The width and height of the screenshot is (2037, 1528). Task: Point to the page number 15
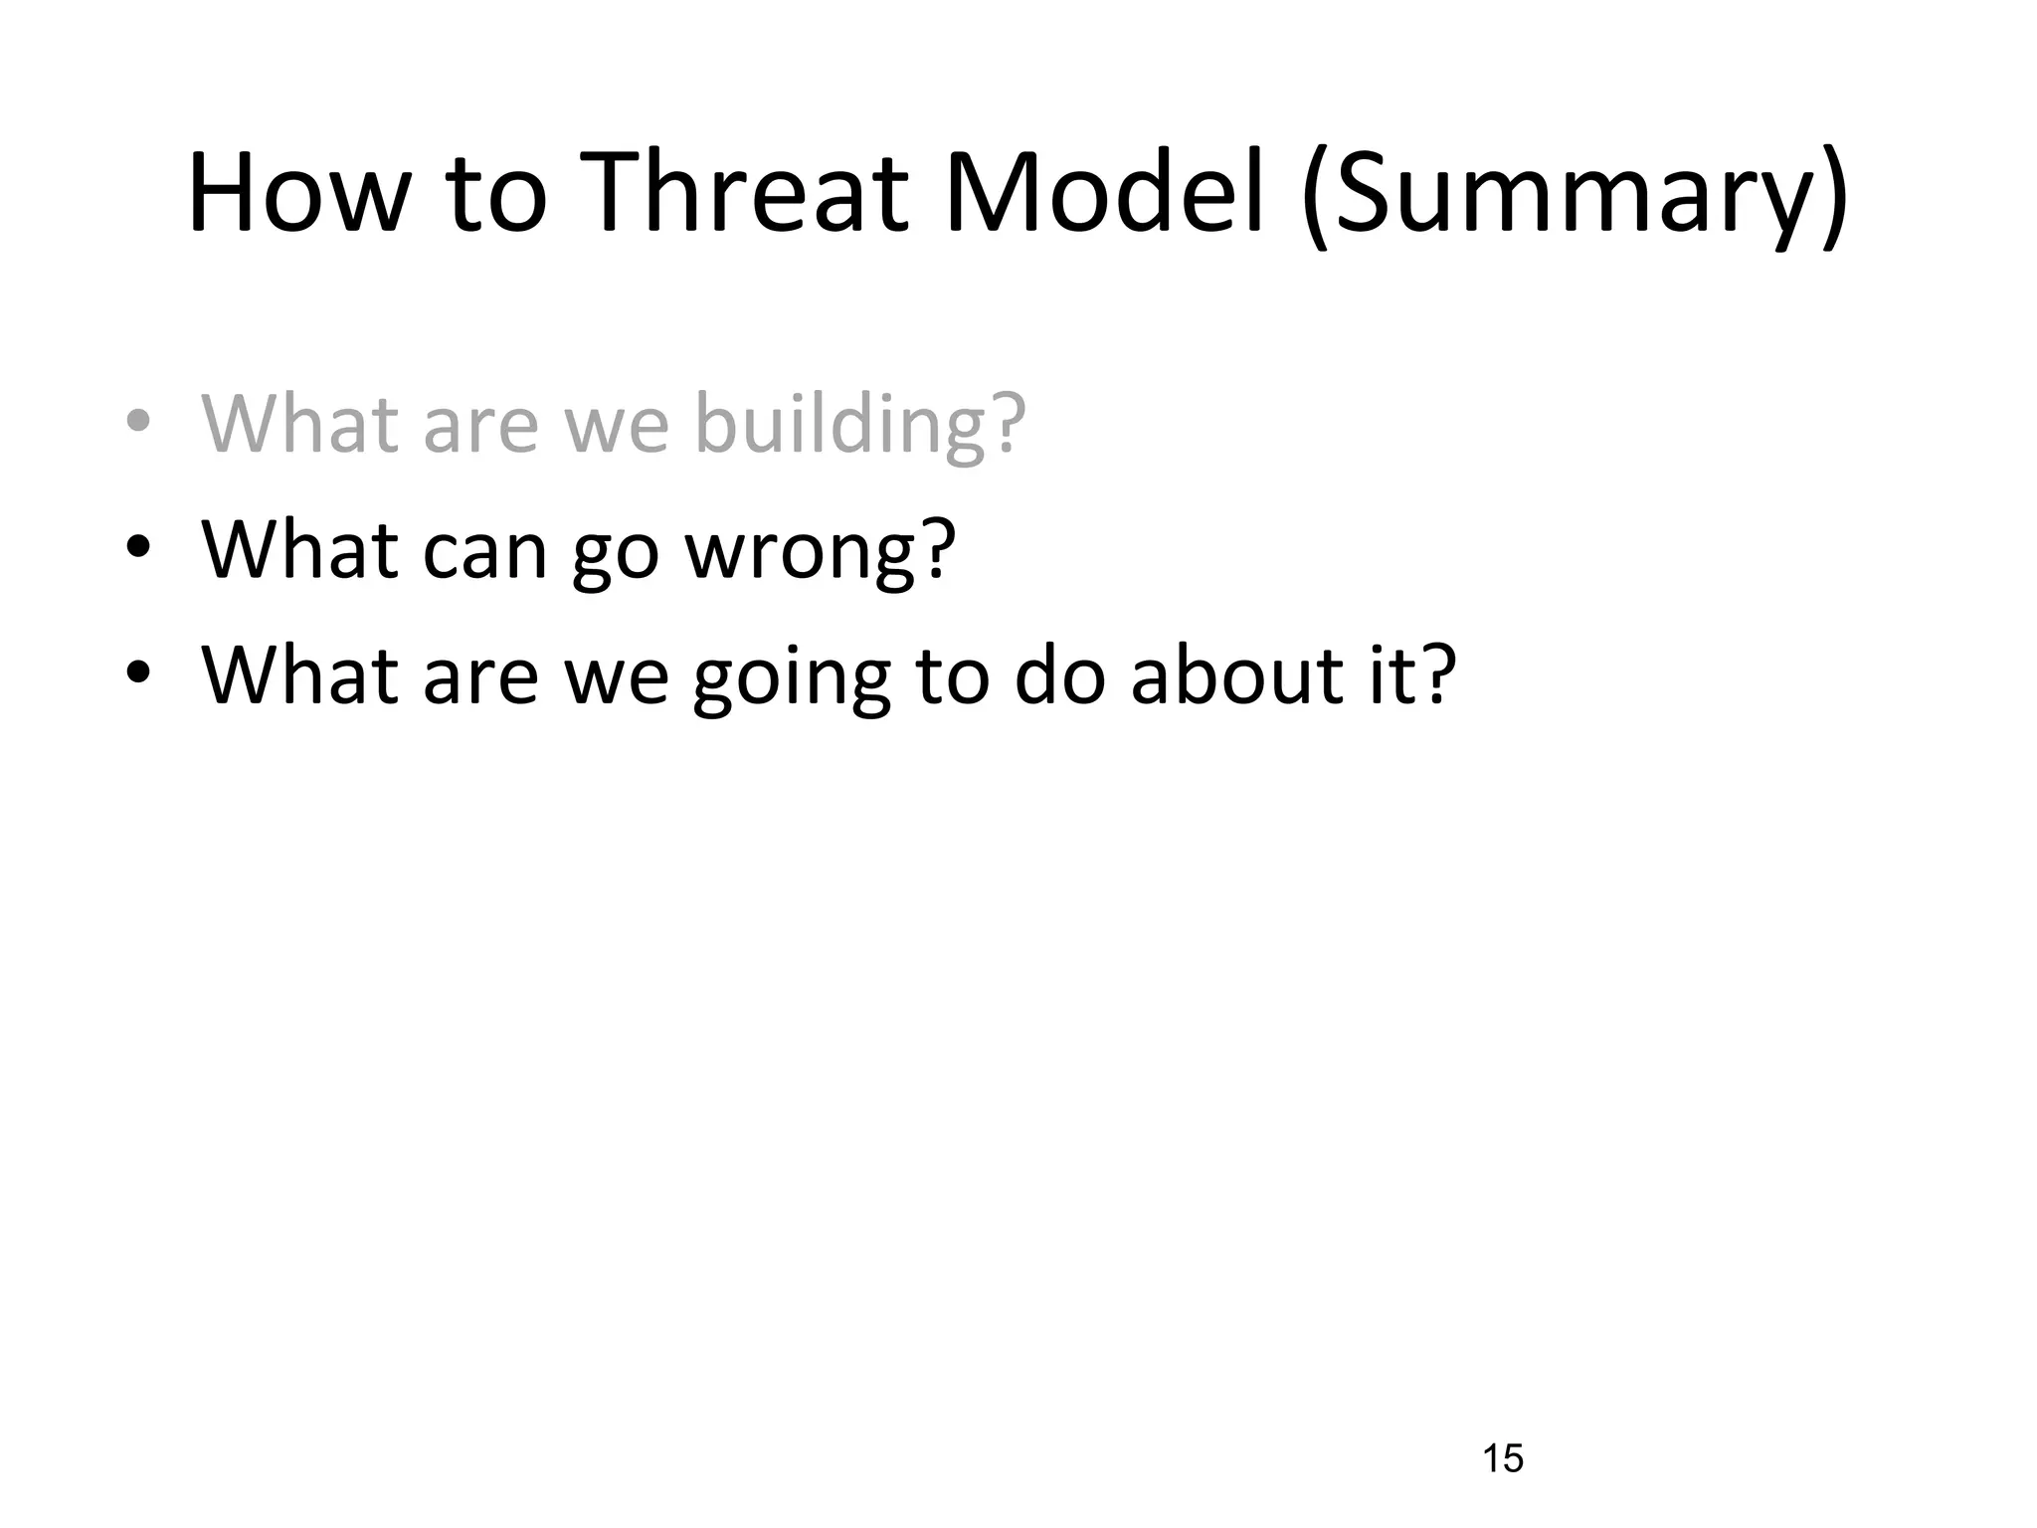(1502, 1458)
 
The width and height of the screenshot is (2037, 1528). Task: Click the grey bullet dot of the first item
(138, 422)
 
